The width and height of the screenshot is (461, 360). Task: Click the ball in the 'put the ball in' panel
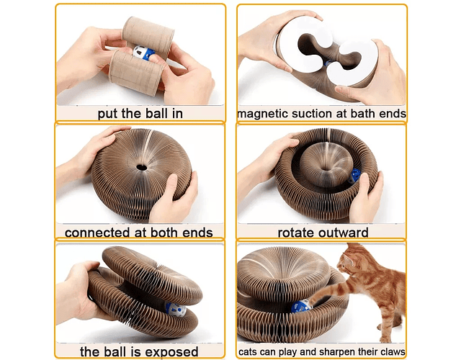[x=143, y=53]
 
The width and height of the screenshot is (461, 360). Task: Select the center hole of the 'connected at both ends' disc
[x=142, y=168]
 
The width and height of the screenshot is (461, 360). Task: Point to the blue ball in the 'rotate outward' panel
[x=354, y=176]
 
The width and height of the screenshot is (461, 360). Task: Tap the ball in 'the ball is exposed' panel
[x=176, y=309]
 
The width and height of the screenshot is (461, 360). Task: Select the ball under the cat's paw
[x=301, y=306]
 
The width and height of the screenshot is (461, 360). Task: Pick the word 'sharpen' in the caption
[x=337, y=352]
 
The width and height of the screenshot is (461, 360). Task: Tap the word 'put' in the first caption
[x=107, y=114]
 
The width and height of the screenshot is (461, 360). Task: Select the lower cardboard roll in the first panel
[x=136, y=73]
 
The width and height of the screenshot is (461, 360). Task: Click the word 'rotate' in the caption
[x=295, y=233]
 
